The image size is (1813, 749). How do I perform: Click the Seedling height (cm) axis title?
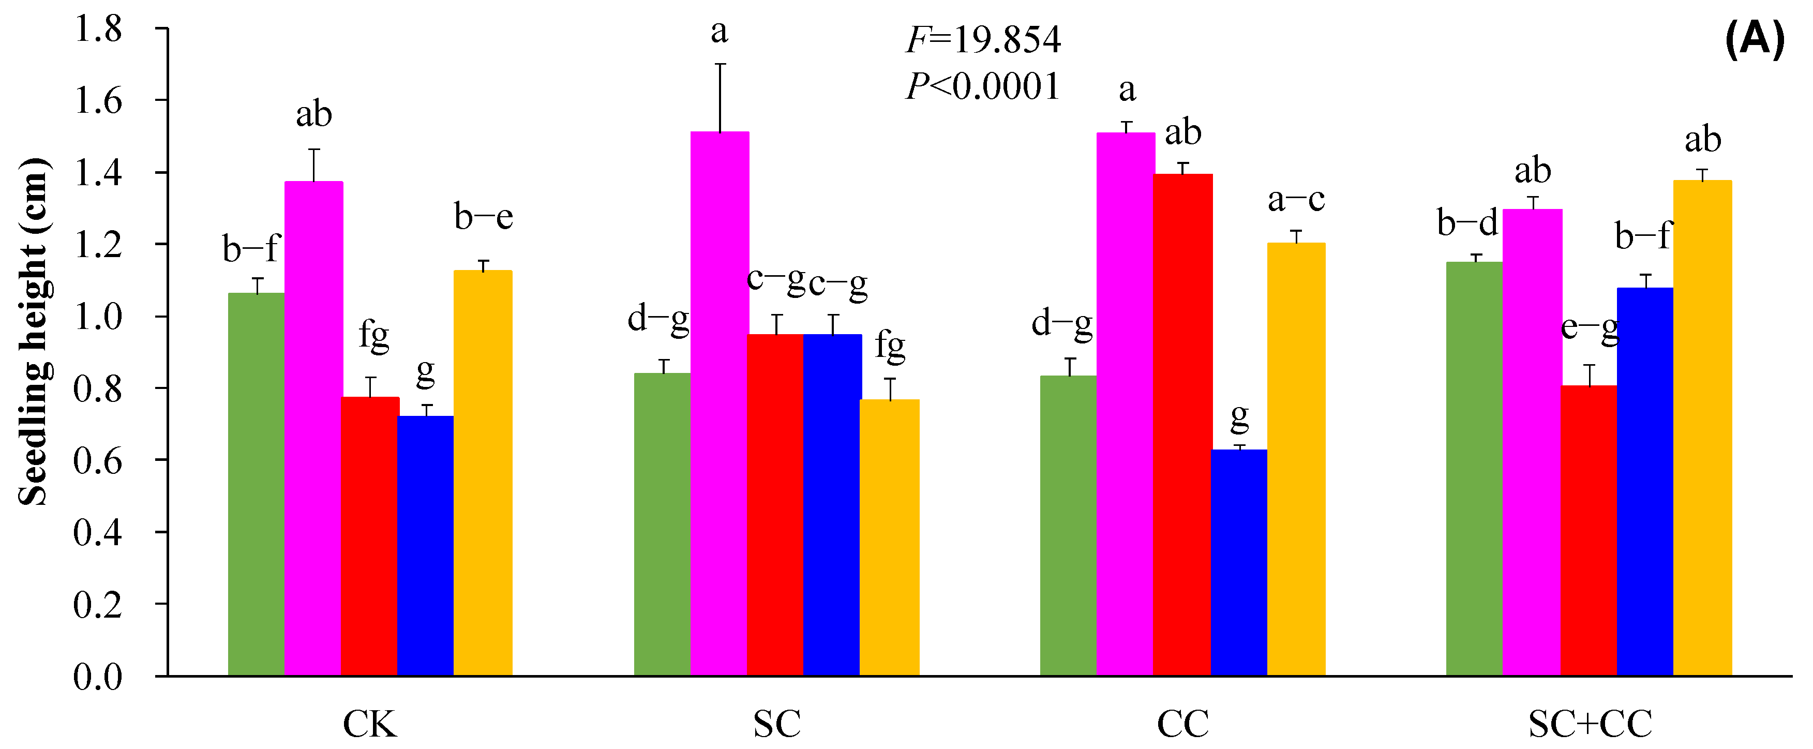click(34, 331)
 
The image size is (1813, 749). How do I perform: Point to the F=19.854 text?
click(982, 40)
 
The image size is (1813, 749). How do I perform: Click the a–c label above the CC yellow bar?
click(1296, 200)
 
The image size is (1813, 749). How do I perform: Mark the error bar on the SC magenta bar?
click(720, 97)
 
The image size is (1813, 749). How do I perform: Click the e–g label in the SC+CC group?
click(1589, 329)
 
